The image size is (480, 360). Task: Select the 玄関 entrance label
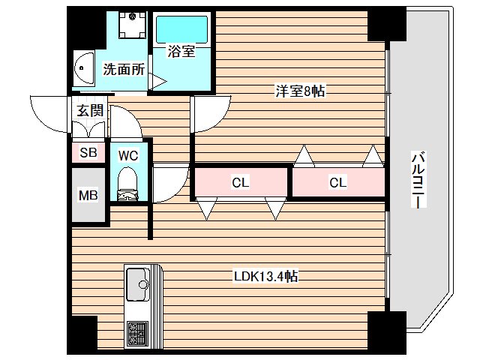point(90,109)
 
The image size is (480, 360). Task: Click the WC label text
point(128,155)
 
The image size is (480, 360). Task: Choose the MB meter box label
point(88,196)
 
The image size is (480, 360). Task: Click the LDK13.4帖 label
point(265,276)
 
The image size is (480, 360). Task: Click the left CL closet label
point(240,181)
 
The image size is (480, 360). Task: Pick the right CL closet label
point(337,181)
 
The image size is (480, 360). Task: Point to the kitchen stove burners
point(138,330)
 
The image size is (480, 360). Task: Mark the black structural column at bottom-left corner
point(82,334)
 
